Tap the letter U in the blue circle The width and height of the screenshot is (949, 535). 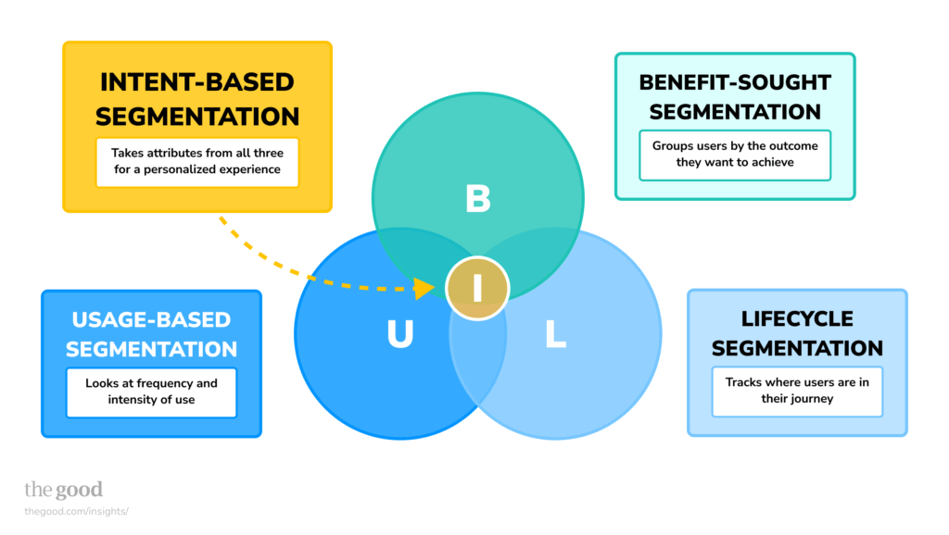[399, 335]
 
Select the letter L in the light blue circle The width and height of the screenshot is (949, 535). [555, 335]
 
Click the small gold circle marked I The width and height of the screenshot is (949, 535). [477, 288]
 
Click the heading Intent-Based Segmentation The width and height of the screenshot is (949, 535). [197, 99]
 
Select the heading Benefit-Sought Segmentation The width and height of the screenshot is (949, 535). [735, 96]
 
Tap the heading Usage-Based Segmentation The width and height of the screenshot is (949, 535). [151, 334]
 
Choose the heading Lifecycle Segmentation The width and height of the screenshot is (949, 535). [797, 333]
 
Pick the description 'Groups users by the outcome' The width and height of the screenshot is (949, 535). [735, 155]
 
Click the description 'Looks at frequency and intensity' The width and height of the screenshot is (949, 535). [151, 392]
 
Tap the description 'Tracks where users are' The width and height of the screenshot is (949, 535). [797, 391]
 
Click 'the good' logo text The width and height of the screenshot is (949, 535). [63, 490]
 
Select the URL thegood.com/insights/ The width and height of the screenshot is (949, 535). [76, 511]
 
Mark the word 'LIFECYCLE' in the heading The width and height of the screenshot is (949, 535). [797, 318]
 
